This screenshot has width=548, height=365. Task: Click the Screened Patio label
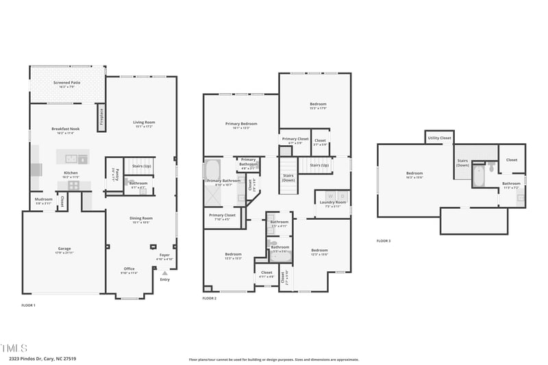click(67, 83)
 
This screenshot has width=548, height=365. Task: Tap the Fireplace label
click(101, 118)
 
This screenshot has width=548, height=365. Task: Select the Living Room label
click(144, 123)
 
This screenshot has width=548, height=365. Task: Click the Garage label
click(64, 249)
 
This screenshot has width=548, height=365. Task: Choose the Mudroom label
click(43, 200)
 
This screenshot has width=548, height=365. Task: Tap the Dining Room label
click(140, 218)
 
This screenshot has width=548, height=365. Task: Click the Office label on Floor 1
click(129, 268)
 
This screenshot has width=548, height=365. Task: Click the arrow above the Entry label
click(164, 273)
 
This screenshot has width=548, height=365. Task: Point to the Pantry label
click(115, 175)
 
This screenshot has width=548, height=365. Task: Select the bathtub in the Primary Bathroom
click(212, 169)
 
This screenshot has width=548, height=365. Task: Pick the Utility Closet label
click(439, 138)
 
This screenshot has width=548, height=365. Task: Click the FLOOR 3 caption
click(384, 240)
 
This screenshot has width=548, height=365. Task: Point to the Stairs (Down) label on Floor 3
click(462, 162)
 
